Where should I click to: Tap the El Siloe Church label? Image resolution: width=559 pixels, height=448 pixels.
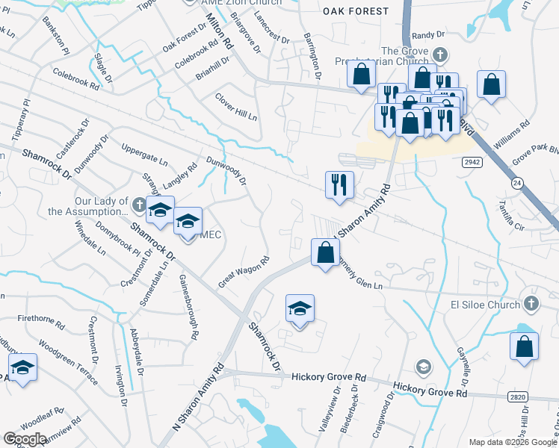[x=484, y=304]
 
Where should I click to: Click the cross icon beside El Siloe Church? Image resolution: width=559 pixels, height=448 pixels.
[x=531, y=303]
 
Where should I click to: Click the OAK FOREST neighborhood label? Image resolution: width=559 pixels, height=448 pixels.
[x=356, y=11]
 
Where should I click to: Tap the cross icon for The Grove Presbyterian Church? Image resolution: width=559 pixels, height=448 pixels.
[x=441, y=55]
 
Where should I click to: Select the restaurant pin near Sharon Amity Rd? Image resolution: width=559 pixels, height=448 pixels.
[x=339, y=184]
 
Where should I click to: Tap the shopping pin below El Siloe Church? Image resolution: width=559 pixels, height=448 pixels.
[x=524, y=347]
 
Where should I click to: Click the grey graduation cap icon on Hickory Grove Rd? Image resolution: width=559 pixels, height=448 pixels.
[x=424, y=366]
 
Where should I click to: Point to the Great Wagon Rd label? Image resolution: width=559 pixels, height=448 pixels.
[x=244, y=273]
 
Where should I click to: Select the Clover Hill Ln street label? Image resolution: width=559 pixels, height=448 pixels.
[x=236, y=107]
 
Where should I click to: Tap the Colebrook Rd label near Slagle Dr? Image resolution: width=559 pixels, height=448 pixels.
[x=76, y=80]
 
